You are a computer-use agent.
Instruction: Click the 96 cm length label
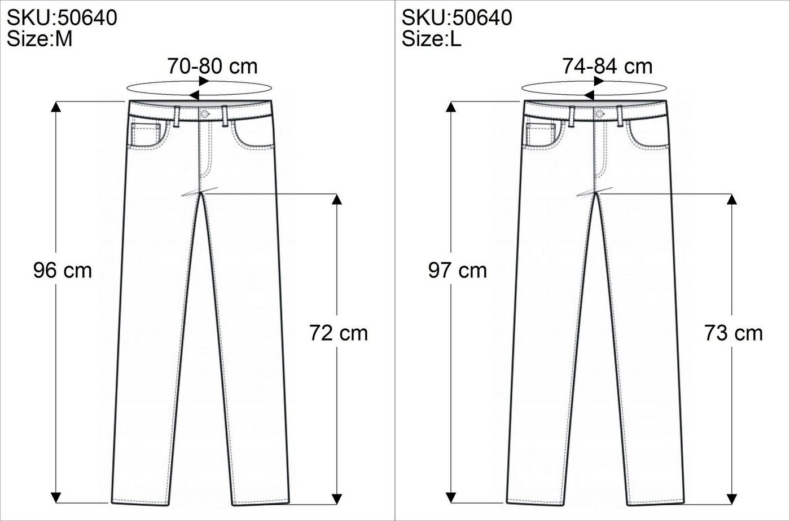pyautogui.click(x=63, y=271)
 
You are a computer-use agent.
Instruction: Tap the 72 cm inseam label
pyautogui.click(x=339, y=333)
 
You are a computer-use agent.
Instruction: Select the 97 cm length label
pyautogui.click(x=458, y=271)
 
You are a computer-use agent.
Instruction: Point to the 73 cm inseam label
pyautogui.click(x=734, y=333)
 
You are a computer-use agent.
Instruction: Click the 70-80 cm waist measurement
pyautogui.click(x=212, y=66)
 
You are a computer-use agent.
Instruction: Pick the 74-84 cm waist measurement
pyautogui.click(x=607, y=66)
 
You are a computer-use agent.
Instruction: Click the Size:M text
pyautogui.click(x=39, y=38)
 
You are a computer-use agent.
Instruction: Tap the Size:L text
pyautogui.click(x=431, y=38)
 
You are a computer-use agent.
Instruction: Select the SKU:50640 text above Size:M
pyautogui.click(x=62, y=17)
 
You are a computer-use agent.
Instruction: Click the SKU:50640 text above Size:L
pyautogui.click(x=457, y=17)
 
